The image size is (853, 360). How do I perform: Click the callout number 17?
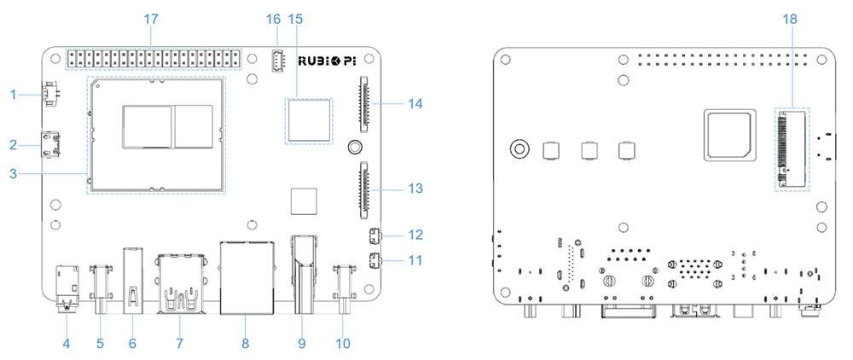151,20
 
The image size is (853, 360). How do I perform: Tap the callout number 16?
273,20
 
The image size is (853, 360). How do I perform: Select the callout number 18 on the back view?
789,20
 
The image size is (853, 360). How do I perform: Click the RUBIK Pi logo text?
325,61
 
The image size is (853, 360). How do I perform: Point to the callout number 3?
14,174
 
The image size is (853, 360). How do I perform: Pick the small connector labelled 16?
277,61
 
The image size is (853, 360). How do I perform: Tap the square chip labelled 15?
309,121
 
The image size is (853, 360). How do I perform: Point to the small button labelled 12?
374,237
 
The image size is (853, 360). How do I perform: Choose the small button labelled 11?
374,261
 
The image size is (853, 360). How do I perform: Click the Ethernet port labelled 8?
246,278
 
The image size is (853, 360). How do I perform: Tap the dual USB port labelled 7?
180,283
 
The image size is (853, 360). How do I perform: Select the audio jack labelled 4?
67,288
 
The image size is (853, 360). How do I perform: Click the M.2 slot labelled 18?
792,148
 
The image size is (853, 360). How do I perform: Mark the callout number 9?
301,343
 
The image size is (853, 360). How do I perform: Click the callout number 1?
14,95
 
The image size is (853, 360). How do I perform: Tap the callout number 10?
343,343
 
